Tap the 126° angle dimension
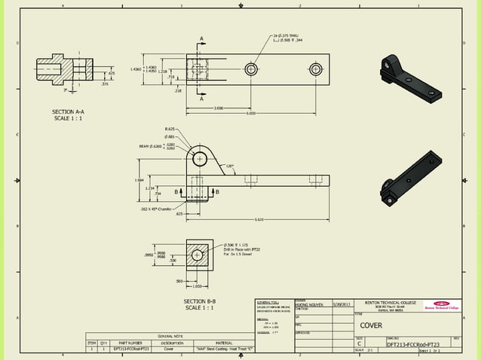pos(229,166)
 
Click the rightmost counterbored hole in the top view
pos(315,69)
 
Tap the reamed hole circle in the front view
pos(200,159)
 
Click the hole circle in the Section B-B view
pos(198,255)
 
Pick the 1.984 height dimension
pos(139,180)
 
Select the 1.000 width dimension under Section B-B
pos(198,285)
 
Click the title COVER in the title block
pos(370,327)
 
